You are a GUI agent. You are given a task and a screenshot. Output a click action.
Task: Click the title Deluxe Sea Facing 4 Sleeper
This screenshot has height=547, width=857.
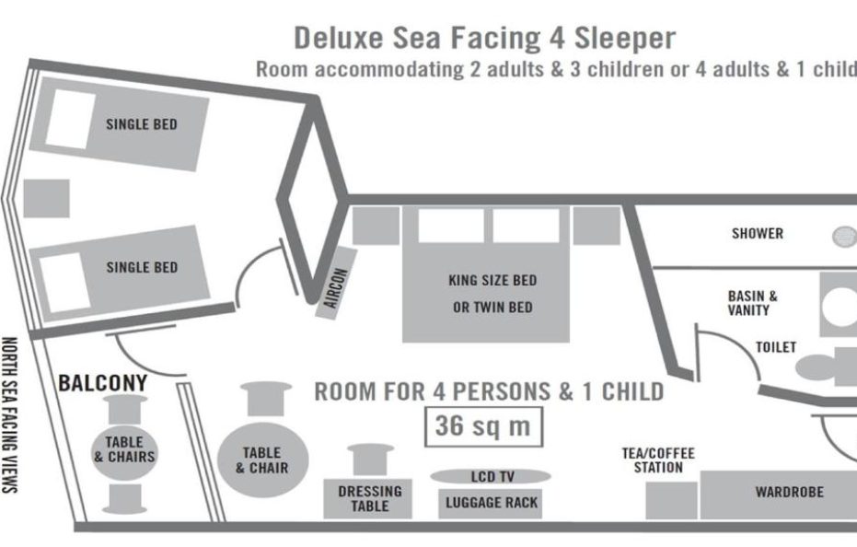(484, 38)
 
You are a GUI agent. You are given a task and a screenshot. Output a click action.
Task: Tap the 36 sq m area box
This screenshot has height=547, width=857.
(482, 426)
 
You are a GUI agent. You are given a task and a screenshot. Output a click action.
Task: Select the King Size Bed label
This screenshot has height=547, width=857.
(492, 280)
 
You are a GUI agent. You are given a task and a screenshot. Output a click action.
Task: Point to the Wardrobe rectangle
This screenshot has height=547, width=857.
(778, 494)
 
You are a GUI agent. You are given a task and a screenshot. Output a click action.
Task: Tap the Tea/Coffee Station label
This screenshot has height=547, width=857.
(658, 460)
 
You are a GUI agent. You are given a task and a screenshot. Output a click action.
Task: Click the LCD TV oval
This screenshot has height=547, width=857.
(492, 476)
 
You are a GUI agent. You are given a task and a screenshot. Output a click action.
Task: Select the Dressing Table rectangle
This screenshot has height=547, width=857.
(369, 498)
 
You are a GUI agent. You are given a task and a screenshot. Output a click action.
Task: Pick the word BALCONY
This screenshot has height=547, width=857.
(103, 381)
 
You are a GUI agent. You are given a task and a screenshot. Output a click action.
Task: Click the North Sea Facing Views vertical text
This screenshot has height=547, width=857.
(12, 414)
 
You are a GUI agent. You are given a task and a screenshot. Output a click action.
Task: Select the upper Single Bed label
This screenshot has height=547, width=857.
(141, 124)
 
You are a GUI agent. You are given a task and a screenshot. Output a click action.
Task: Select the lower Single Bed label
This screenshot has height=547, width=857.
(141, 267)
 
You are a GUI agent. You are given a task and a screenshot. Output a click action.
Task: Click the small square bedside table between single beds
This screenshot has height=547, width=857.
(46, 197)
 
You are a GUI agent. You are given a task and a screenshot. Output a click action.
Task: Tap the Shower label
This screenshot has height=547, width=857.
(757, 234)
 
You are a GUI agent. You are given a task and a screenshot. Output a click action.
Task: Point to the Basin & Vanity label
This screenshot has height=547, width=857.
(752, 303)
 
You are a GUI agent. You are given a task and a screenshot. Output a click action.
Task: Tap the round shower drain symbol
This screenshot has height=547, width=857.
(845, 236)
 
